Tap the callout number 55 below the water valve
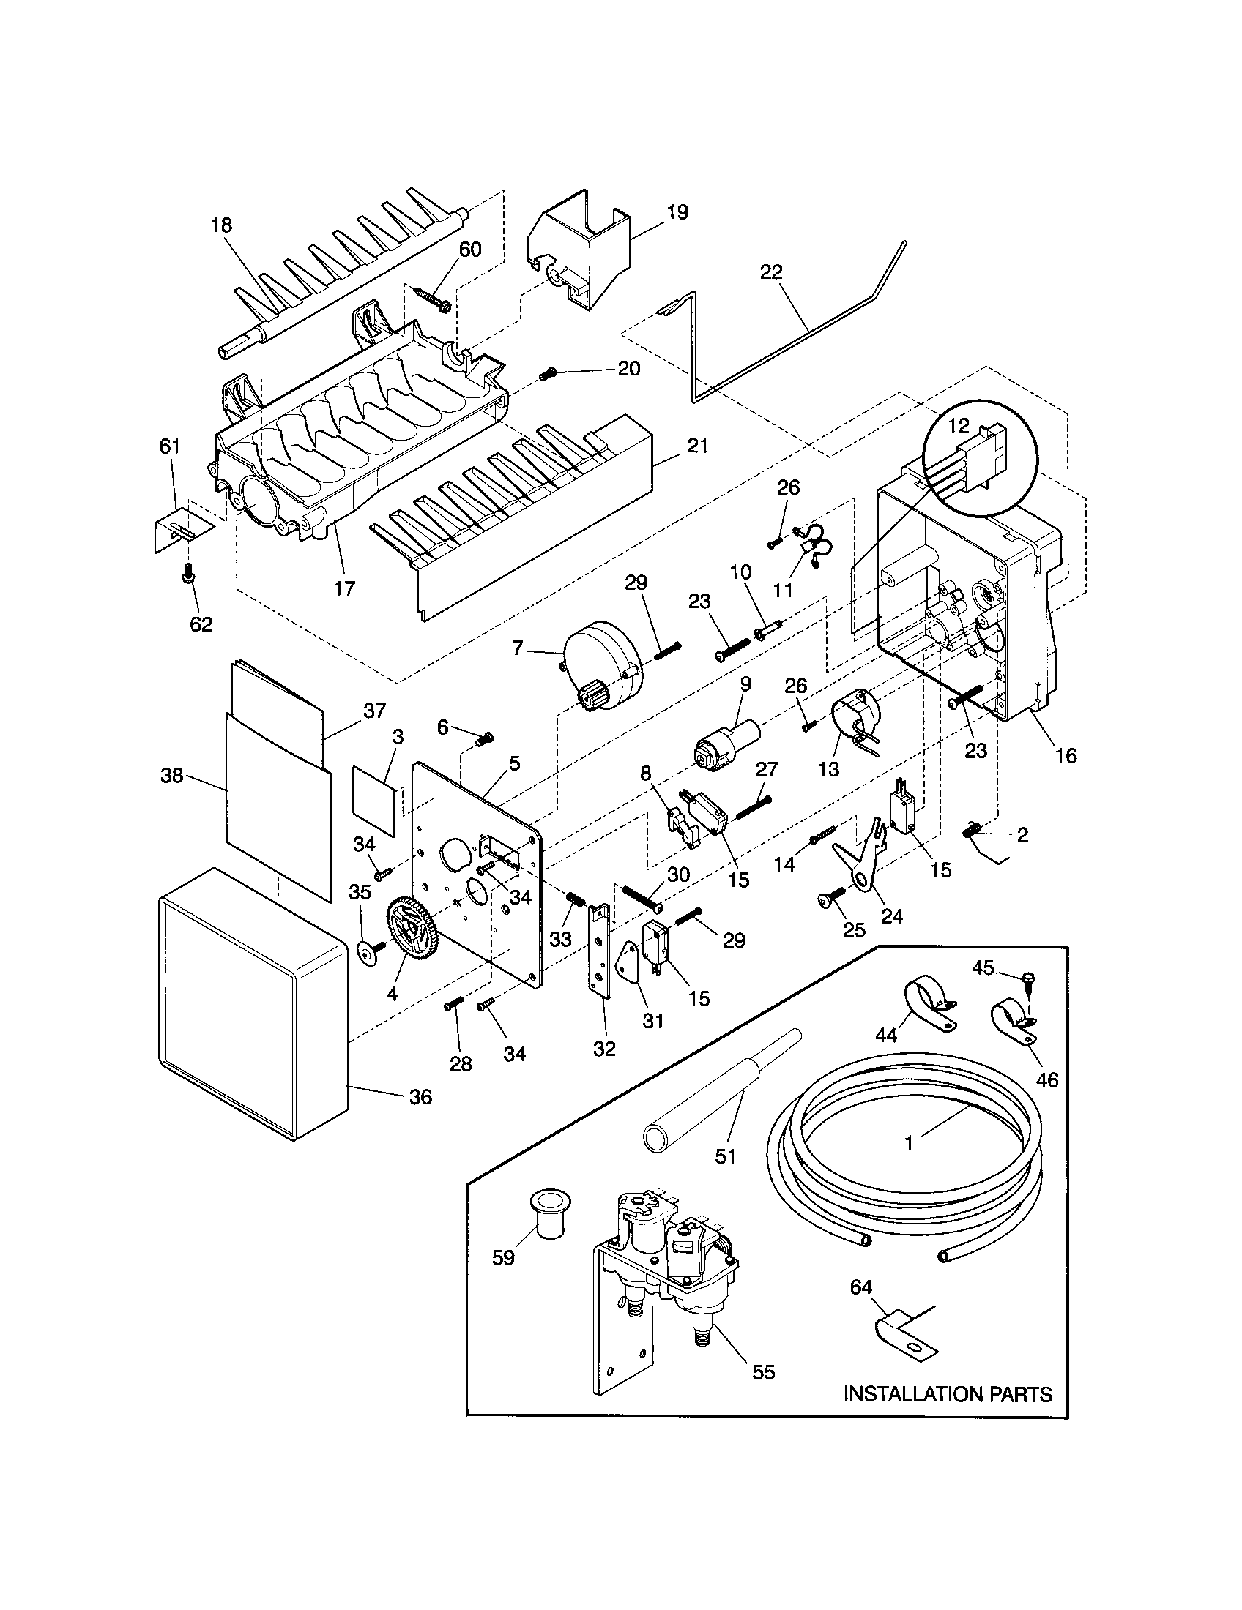coord(763,1372)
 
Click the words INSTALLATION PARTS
coord(948,1394)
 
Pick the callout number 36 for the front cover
coord(420,1117)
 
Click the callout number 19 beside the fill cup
coord(677,212)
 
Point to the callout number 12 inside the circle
coord(958,424)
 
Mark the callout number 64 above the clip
coord(860,1287)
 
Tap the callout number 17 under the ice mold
coord(344,588)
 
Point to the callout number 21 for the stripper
coord(698,445)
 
